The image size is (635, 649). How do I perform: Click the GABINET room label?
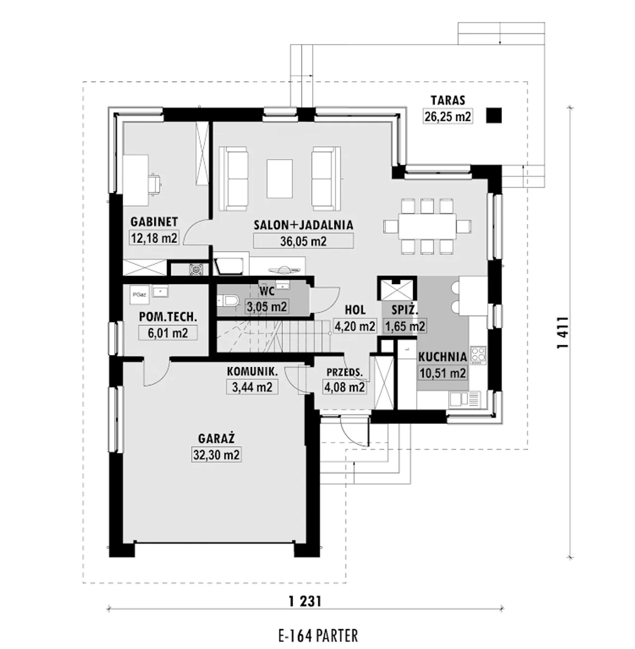click(154, 222)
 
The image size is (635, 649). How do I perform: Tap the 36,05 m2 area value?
click(303, 241)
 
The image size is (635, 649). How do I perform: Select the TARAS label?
click(447, 100)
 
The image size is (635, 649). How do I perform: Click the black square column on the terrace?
click(494, 116)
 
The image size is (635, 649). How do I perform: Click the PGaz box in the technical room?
click(139, 295)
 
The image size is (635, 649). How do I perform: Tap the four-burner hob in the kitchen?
click(478, 355)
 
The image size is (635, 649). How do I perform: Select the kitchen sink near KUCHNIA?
click(465, 399)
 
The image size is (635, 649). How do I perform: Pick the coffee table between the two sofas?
click(280, 179)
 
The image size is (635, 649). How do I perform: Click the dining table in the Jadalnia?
click(427, 227)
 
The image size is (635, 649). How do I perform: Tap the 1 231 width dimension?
click(305, 601)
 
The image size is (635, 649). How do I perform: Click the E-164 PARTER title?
click(318, 636)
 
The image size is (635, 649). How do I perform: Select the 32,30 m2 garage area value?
click(216, 455)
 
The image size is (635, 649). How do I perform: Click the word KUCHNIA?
click(443, 357)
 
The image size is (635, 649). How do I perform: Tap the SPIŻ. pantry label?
click(405, 310)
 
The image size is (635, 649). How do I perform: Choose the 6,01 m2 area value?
click(168, 333)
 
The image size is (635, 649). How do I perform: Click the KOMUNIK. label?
click(253, 371)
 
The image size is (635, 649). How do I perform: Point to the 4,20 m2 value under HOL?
click(355, 326)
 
